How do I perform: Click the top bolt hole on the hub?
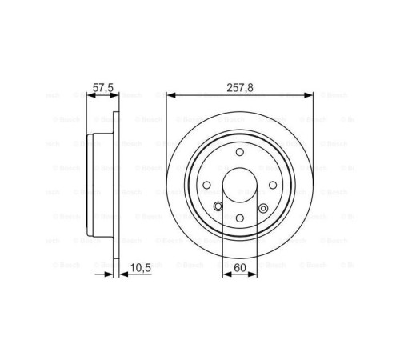point(239,154)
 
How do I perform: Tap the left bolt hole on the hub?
point(207,186)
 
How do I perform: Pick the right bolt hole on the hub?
point(271,186)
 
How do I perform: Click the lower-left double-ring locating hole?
point(218,207)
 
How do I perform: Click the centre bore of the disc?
point(239,186)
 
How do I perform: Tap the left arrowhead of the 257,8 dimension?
point(170,94)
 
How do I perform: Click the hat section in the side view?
point(98,186)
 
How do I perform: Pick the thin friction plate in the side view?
point(116,186)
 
